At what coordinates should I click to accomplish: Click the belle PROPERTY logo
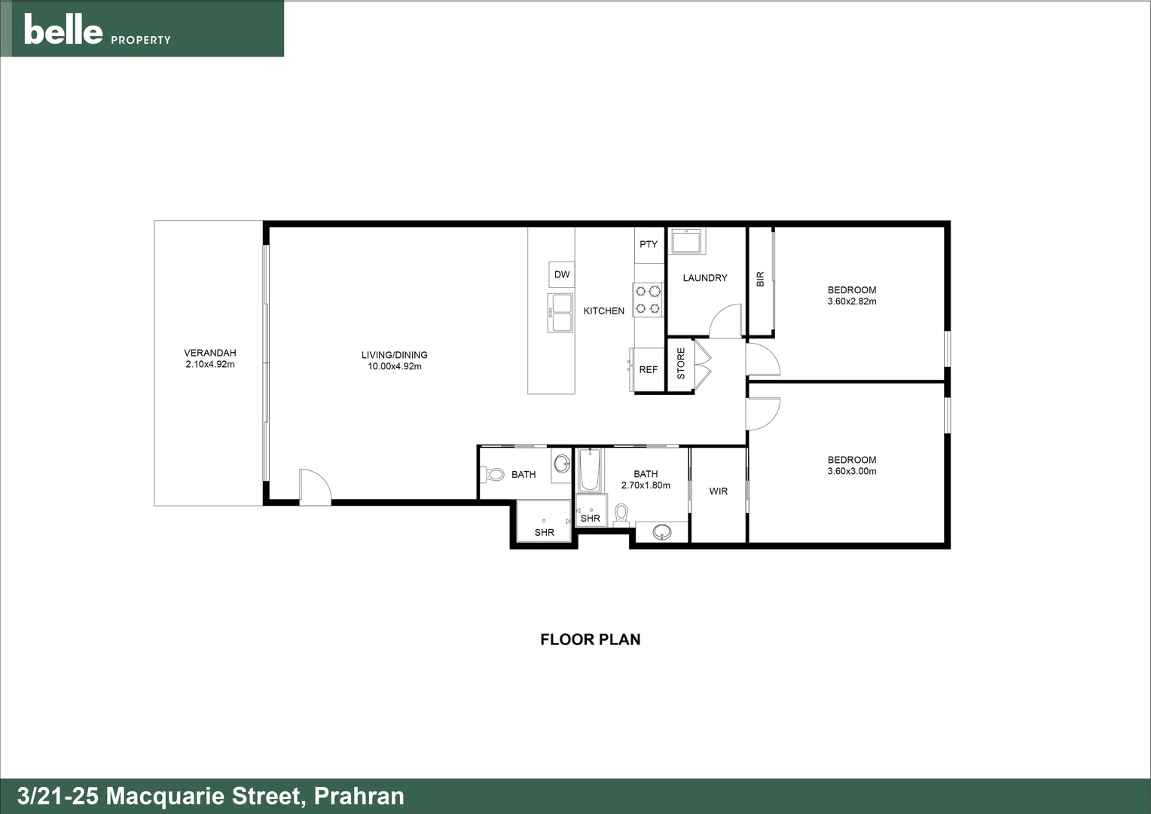coord(96,30)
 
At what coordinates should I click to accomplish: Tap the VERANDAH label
coord(210,353)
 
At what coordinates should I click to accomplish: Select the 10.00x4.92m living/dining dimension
coord(394,367)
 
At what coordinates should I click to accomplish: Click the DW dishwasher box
coord(562,274)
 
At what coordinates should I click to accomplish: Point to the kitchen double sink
coord(560,313)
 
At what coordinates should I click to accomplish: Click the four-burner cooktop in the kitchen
coord(648,299)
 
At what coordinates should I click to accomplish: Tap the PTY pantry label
coord(649,244)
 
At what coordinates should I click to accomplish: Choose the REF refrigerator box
coord(648,370)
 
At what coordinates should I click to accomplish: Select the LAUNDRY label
coord(705,278)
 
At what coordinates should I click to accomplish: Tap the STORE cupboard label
coord(681,363)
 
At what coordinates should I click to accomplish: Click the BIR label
coord(760,280)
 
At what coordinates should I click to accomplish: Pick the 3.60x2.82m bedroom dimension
coord(852,301)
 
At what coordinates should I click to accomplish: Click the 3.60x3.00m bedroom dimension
coord(852,472)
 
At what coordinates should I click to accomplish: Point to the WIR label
coord(719,491)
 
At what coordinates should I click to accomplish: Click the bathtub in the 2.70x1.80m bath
coord(590,470)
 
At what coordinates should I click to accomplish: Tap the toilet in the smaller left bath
coord(493,475)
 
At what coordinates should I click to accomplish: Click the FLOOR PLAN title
coord(591,640)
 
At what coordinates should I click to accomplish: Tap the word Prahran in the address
coord(359,797)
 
